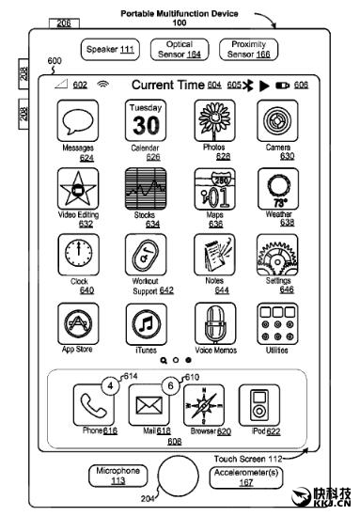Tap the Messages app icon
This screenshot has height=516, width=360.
coord(78,123)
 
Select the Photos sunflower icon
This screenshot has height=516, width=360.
coord(213,123)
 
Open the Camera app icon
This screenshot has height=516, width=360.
coord(278,123)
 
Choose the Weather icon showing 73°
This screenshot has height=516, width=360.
coord(278,190)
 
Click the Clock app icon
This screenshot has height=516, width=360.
coord(78,254)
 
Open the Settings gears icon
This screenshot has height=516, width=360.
coord(278,254)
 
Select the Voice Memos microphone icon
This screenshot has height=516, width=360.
coord(213,323)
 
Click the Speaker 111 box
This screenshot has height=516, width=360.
coord(109,49)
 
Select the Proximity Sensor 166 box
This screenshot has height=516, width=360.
coord(249,49)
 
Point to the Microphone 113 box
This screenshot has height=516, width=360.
coord(118,477)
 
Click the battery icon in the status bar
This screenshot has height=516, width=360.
coord(282,86)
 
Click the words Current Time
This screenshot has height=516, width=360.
coord(169,85)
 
